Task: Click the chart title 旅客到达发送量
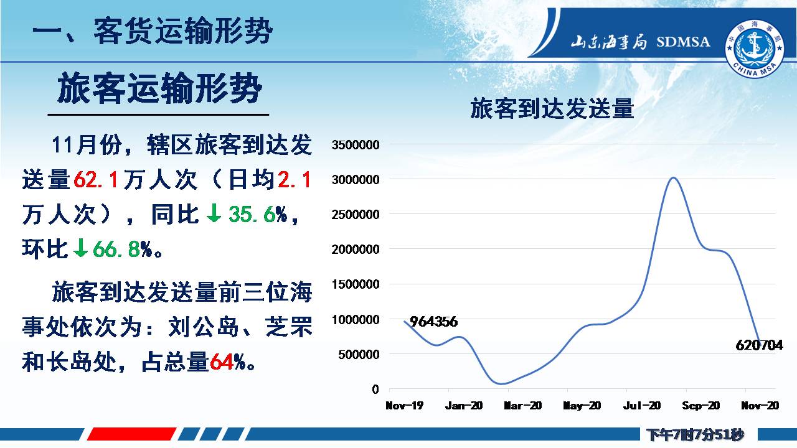tap(552, 108)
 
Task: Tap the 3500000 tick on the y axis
tap(356, 145)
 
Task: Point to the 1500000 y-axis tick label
tap(356, 284)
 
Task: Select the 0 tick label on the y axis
tap(375, 390)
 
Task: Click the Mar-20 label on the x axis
tap(522, 405)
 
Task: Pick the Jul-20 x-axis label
tap(641, 405)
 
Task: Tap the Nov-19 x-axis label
tap(405, 405)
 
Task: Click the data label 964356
tap(434, 322)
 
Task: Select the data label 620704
tap(759, 345)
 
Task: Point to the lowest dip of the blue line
tap(501, 384)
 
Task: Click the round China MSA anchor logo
tap(754, 49)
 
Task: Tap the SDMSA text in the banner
tap(683, 42)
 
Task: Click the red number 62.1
tap(96, 179)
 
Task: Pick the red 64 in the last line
tap(222, 362)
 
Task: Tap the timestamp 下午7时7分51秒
tap(696, 434)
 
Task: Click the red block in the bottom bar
tap(131, 434)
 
